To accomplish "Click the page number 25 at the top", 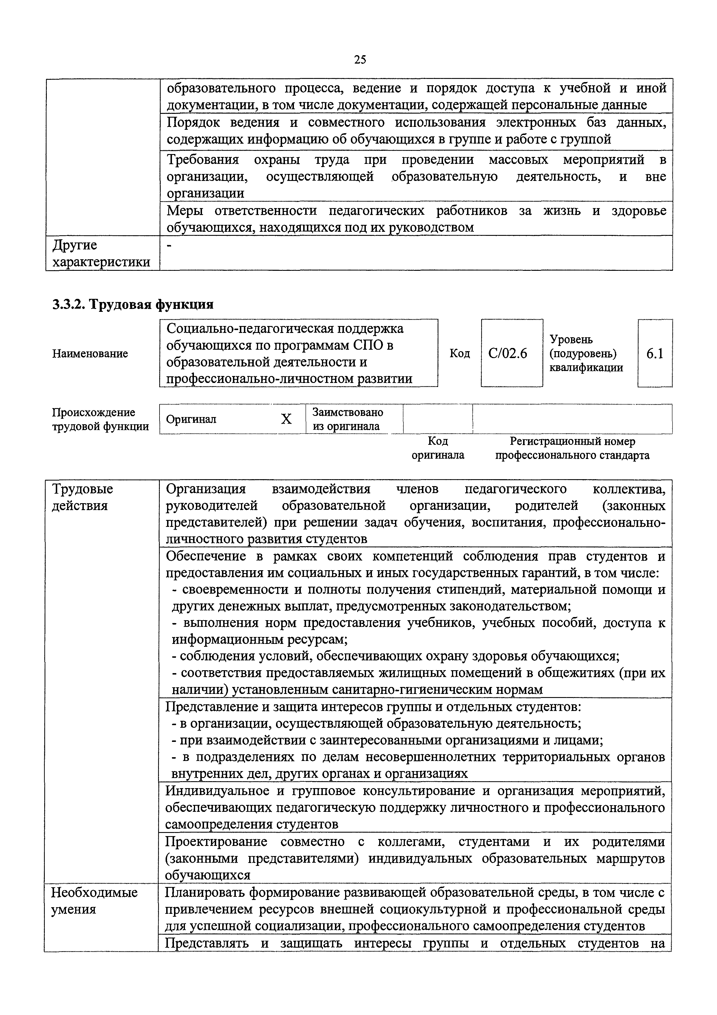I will coord(360,60).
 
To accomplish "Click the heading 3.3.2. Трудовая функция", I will coord(133,305).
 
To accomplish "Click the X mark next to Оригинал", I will coord(286,419).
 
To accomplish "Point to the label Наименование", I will coord(90,354).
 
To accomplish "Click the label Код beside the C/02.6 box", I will coord(460,354).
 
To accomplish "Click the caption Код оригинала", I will coord(438,448).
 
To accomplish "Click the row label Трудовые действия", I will coord(83,497).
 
